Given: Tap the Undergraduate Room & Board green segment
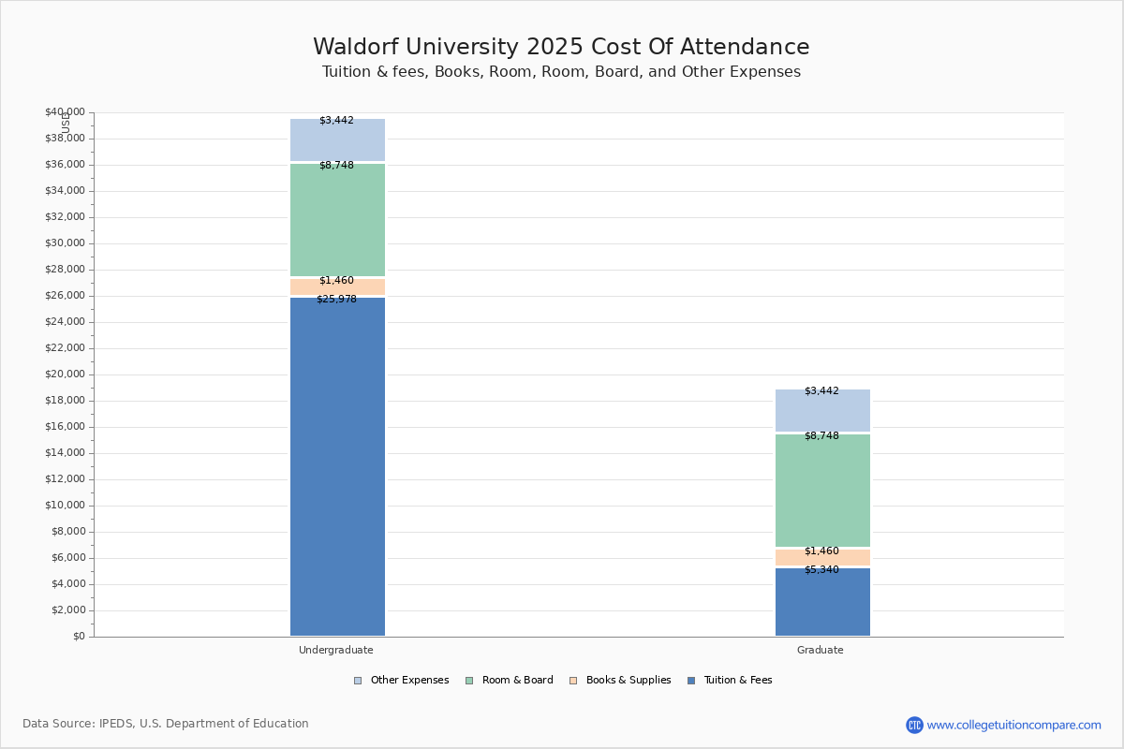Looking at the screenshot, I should click(337, 220).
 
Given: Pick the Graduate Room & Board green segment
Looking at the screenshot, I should click(822, 491).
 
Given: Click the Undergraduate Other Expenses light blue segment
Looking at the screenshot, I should click(337, 140).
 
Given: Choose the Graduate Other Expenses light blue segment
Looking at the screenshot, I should click(822, 411).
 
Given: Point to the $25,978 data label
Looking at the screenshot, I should click(336, 300).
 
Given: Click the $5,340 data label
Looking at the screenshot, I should click(821, 570).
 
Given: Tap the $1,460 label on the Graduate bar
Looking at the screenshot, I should click(821, 551).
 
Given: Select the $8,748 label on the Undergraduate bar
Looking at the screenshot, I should click(336, 166).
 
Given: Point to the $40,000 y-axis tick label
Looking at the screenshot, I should click(65, 112).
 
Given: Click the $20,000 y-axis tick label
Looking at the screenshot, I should click(65, 374).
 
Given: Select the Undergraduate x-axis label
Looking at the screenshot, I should click(336, 650).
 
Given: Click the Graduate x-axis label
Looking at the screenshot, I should click(821, 650).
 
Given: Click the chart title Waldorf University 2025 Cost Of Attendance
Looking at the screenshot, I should click(561, 48).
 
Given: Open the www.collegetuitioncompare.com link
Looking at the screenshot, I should click(1013, 725).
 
